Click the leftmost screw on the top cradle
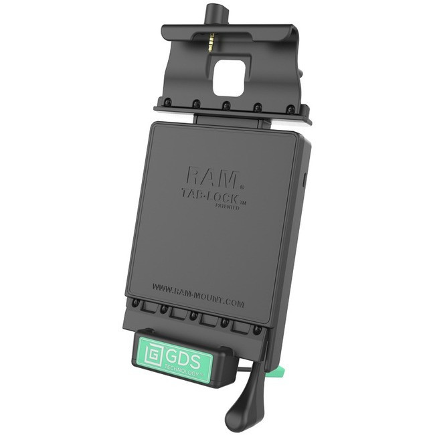click(x=165, y=101)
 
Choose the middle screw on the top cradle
click(x=227, y=105)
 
